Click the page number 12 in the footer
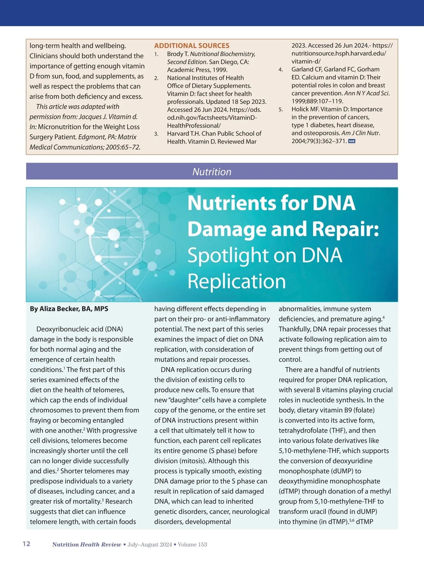pyautogui.click(x=26, y=544)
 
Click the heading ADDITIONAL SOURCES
pyautogui.click(x=192, y=46)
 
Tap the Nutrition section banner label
pyautogui.click(x=212, y=172)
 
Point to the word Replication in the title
pyautogui.click(x=236, y=281)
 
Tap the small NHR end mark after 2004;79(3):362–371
pyautogui.click(x=352, y=141)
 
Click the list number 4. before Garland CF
pyautogui.click(x=281, y=70)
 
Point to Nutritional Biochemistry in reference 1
pyautogui.click(x=223, y=54)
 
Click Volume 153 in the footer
pyautogui.click(x=193, y=544)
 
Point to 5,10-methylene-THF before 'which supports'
pyautogui.click(x=309, y=451)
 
